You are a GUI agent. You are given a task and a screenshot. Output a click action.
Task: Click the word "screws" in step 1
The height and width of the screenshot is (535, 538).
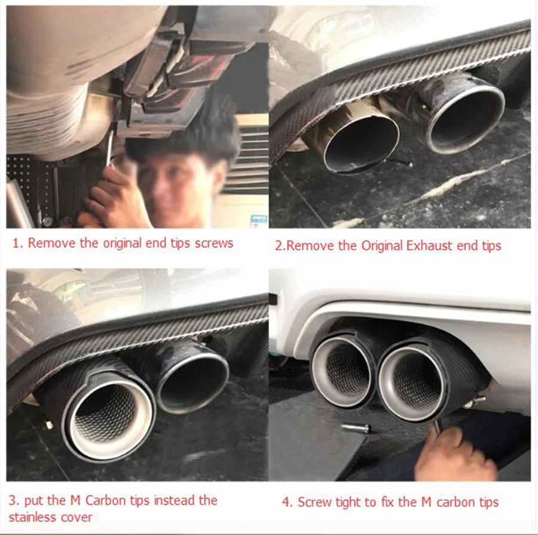pyautogui.click(x=211, y=243)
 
